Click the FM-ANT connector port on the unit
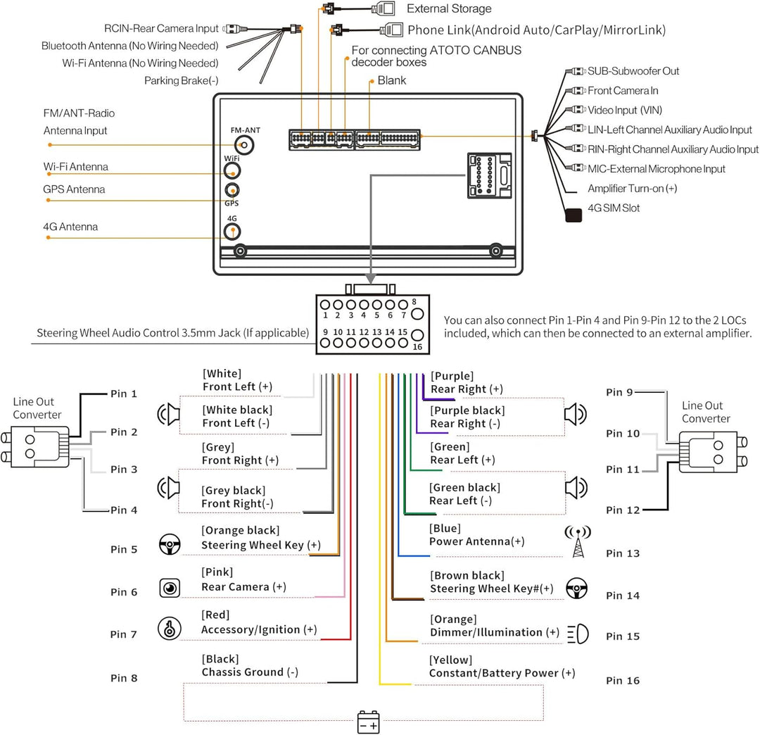coord(244,145)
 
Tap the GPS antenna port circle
coord(232,190)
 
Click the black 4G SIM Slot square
coord(574,214)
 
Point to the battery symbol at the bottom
coord(369,723)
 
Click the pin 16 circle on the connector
coord(417,336)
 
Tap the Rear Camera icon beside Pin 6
coord(169,588)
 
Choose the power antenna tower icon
coord(578,541)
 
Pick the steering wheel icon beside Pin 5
coord(169,544)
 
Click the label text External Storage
coord(449,8)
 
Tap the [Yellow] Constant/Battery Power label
coord(502,667)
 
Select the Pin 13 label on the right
coord(623,553)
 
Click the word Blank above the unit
coord(392,80)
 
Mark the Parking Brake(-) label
coord(181,80)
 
